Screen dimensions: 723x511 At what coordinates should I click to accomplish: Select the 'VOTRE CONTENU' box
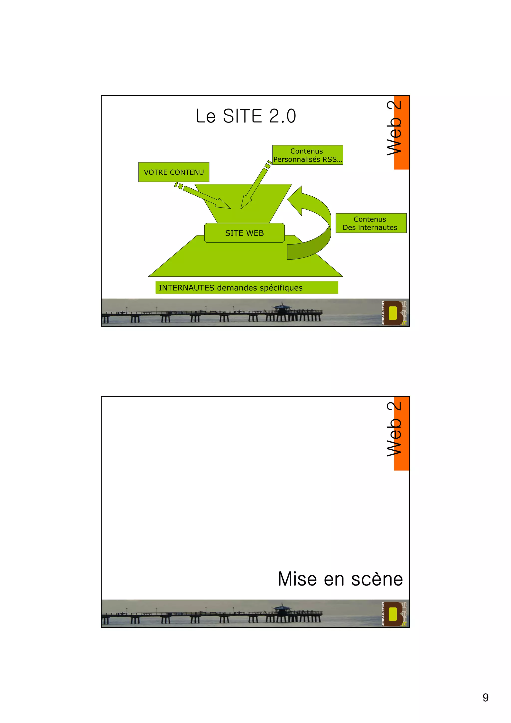point(174,172)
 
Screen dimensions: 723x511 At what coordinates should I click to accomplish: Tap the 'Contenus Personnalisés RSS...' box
point(307,155)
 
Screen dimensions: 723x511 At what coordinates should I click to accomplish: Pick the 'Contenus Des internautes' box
point(371,223)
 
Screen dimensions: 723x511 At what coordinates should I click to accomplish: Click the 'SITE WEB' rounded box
point(244,233)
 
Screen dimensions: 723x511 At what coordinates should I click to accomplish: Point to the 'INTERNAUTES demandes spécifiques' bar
point(247,287)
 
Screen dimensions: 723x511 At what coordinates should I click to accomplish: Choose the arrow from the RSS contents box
point(253,187)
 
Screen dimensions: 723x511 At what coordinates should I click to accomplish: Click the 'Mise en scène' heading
point(340,579)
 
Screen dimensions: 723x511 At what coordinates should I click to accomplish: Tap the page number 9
point(486,698)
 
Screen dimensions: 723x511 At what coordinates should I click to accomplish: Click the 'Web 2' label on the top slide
point(395,127)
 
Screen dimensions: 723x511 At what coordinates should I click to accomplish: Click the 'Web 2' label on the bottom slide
point(395,429)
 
